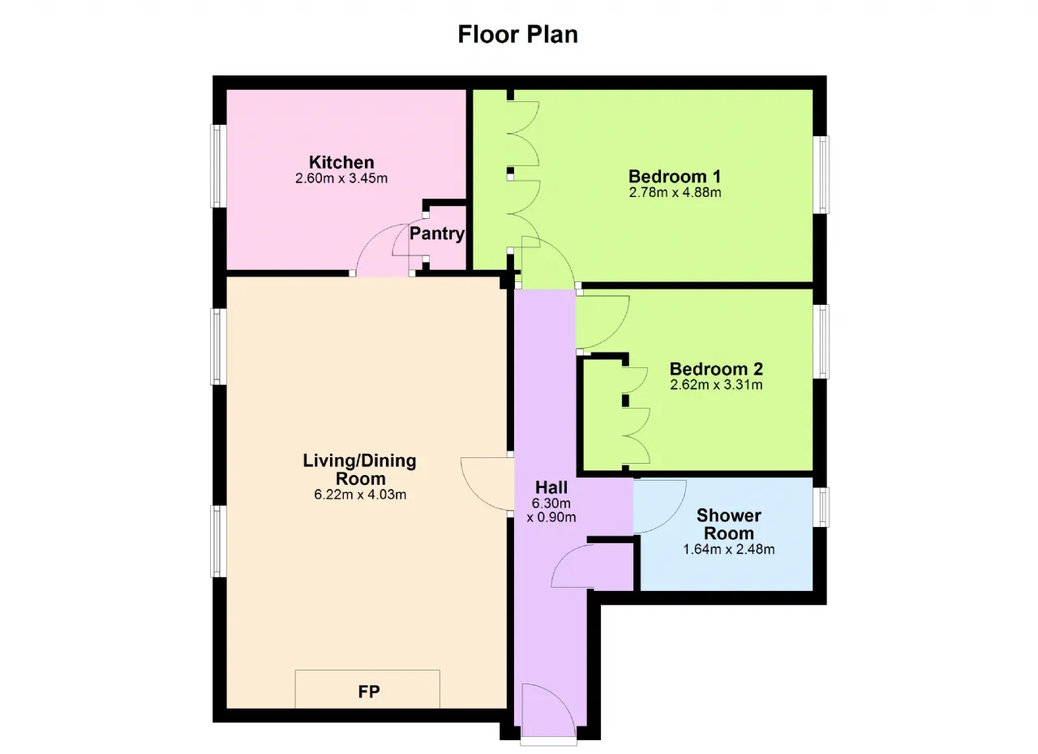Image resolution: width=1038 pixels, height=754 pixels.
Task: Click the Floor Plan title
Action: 517,34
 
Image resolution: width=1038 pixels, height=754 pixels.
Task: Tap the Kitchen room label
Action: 341,162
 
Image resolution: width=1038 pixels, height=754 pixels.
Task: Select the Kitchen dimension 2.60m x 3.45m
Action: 341,178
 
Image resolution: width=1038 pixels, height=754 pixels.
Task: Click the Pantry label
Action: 437,233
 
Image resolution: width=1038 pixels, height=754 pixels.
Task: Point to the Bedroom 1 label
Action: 675,177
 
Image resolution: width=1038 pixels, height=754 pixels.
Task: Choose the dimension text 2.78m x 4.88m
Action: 676,192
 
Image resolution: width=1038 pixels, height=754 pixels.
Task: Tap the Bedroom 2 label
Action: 716,369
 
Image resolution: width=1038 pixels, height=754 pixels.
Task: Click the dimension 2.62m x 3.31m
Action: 716,385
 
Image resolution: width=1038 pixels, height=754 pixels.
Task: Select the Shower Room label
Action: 729,525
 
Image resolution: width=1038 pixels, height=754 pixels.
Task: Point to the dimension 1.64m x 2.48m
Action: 729,550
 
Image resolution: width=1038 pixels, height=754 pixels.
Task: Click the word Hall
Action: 551,487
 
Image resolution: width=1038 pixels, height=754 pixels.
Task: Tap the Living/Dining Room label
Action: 359,469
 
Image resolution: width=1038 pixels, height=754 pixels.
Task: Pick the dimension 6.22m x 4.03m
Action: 360,495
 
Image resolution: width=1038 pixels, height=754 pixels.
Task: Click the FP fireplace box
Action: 367,689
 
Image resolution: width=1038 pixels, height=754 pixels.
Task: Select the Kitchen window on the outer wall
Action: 218,166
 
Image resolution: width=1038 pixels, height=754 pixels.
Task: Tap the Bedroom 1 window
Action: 821,174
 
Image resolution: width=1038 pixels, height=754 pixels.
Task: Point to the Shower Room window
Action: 821,508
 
